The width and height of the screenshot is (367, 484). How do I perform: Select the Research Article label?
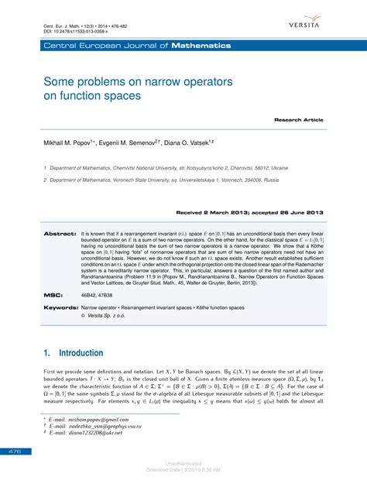(x=298, y=120)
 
